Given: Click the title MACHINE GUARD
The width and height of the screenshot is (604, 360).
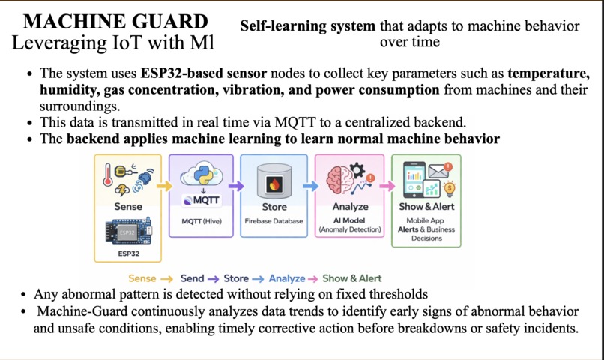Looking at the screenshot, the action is [115, 21].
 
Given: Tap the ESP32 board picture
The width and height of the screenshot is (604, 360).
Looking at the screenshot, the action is [128, 232].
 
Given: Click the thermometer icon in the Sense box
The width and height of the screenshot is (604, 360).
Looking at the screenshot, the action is [108, 175].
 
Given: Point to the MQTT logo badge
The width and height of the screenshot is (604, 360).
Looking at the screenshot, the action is [201, 200].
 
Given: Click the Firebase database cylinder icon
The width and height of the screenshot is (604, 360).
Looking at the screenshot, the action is [274, 182].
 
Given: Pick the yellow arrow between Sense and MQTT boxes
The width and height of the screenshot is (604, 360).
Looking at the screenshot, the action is [164, 186].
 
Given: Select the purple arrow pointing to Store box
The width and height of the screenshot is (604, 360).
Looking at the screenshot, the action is [236, 186].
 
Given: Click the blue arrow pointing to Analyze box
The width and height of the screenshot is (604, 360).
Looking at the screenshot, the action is [310, 186].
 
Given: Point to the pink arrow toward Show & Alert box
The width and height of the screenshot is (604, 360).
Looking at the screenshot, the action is [387, 186].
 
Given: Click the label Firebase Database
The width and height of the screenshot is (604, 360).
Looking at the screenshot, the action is [274, 221].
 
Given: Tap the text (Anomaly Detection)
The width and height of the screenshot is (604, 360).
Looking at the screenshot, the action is [350, 229].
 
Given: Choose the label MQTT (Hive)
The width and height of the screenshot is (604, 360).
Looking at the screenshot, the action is [202, 221].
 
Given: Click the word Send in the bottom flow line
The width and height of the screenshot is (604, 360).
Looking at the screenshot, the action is [193, 278].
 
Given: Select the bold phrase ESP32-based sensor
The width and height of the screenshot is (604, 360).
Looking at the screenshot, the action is [203, 73].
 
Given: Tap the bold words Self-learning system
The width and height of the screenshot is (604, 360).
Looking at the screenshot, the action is [308, 26].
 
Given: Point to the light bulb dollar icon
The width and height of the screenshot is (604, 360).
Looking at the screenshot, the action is [449, 189].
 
